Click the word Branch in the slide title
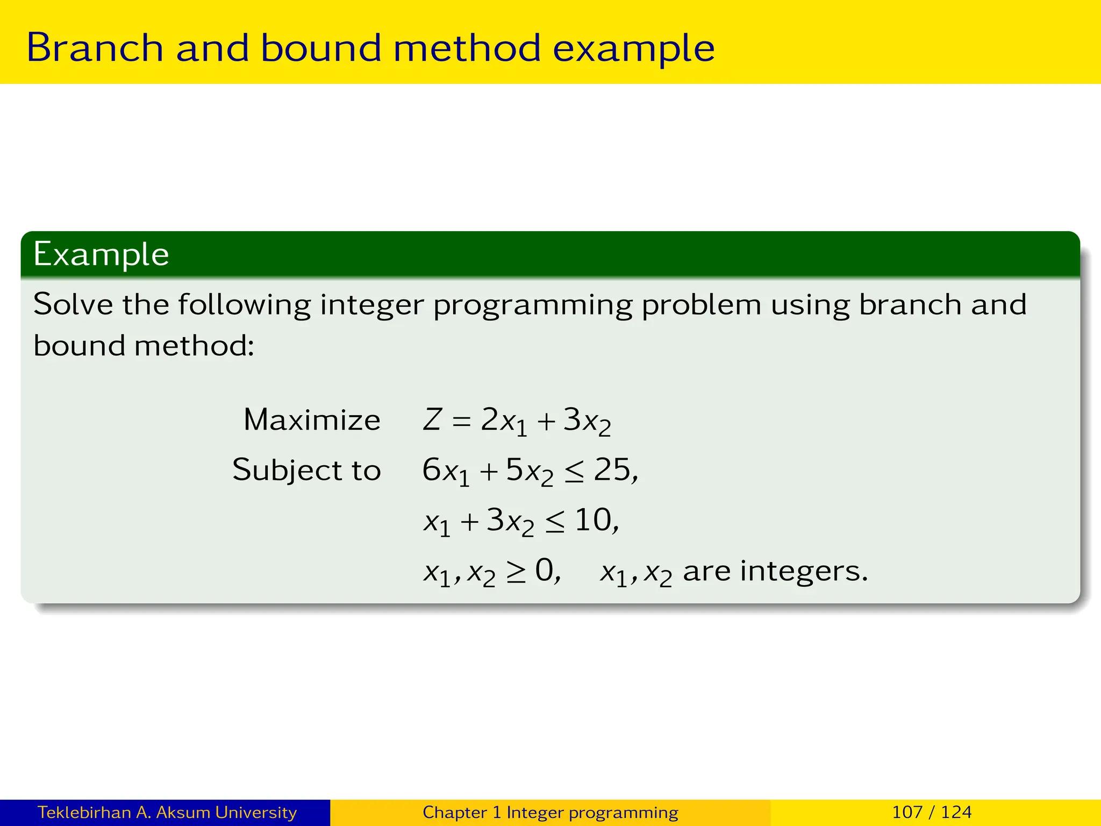click(95, 48)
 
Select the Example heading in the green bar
click(101, 254)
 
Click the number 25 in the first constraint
click(612, 469)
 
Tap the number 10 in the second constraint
click(592, 520)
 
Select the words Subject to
click(306, 470)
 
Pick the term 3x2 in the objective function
click(587, 421)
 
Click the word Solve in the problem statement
click(73, 304)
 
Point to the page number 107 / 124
click(932, 812)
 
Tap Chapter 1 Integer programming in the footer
click(550, 812)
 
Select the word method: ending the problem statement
click(194, 346)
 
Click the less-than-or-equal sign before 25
click(574, 472)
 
